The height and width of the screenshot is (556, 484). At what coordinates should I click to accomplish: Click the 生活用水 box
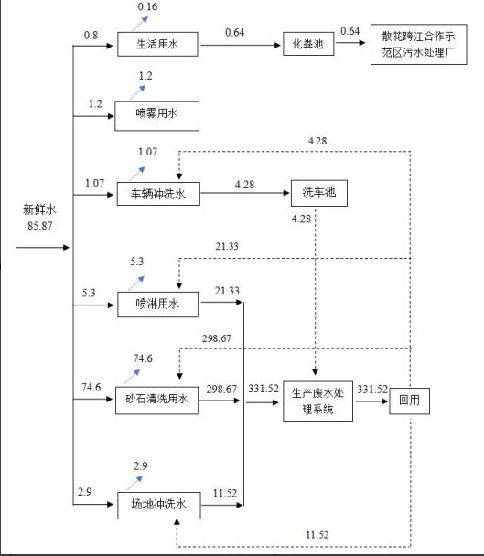157,44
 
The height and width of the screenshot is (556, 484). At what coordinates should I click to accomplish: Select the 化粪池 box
308,44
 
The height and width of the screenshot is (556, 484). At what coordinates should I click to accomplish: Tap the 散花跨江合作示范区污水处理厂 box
419,44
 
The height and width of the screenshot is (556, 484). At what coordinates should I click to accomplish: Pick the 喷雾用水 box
156,115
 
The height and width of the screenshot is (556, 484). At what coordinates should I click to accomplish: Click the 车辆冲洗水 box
158,194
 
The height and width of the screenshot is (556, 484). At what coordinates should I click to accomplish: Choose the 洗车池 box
319,193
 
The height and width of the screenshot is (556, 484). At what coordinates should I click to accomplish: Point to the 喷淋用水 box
158,305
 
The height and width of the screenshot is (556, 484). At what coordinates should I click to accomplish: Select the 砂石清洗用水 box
156,401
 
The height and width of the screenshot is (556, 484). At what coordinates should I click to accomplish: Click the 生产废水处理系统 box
317,401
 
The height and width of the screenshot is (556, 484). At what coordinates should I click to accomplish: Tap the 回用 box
410,401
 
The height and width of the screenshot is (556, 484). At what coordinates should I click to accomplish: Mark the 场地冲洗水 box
159,506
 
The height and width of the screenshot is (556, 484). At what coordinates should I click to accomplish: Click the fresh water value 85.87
40,226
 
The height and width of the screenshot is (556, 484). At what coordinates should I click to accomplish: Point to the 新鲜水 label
39,209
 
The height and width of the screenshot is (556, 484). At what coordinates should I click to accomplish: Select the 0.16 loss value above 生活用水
147,6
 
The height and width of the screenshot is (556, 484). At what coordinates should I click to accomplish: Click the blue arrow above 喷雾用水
137,92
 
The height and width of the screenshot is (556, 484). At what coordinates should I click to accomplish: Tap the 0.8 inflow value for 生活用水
91,36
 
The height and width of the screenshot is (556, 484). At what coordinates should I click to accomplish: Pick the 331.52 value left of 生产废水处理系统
264,389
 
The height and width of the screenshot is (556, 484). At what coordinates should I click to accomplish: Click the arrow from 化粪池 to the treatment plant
350,43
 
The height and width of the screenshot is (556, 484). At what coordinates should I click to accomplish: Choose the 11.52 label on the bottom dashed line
317,535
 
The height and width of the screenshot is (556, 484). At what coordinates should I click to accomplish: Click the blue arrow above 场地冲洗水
134,483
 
